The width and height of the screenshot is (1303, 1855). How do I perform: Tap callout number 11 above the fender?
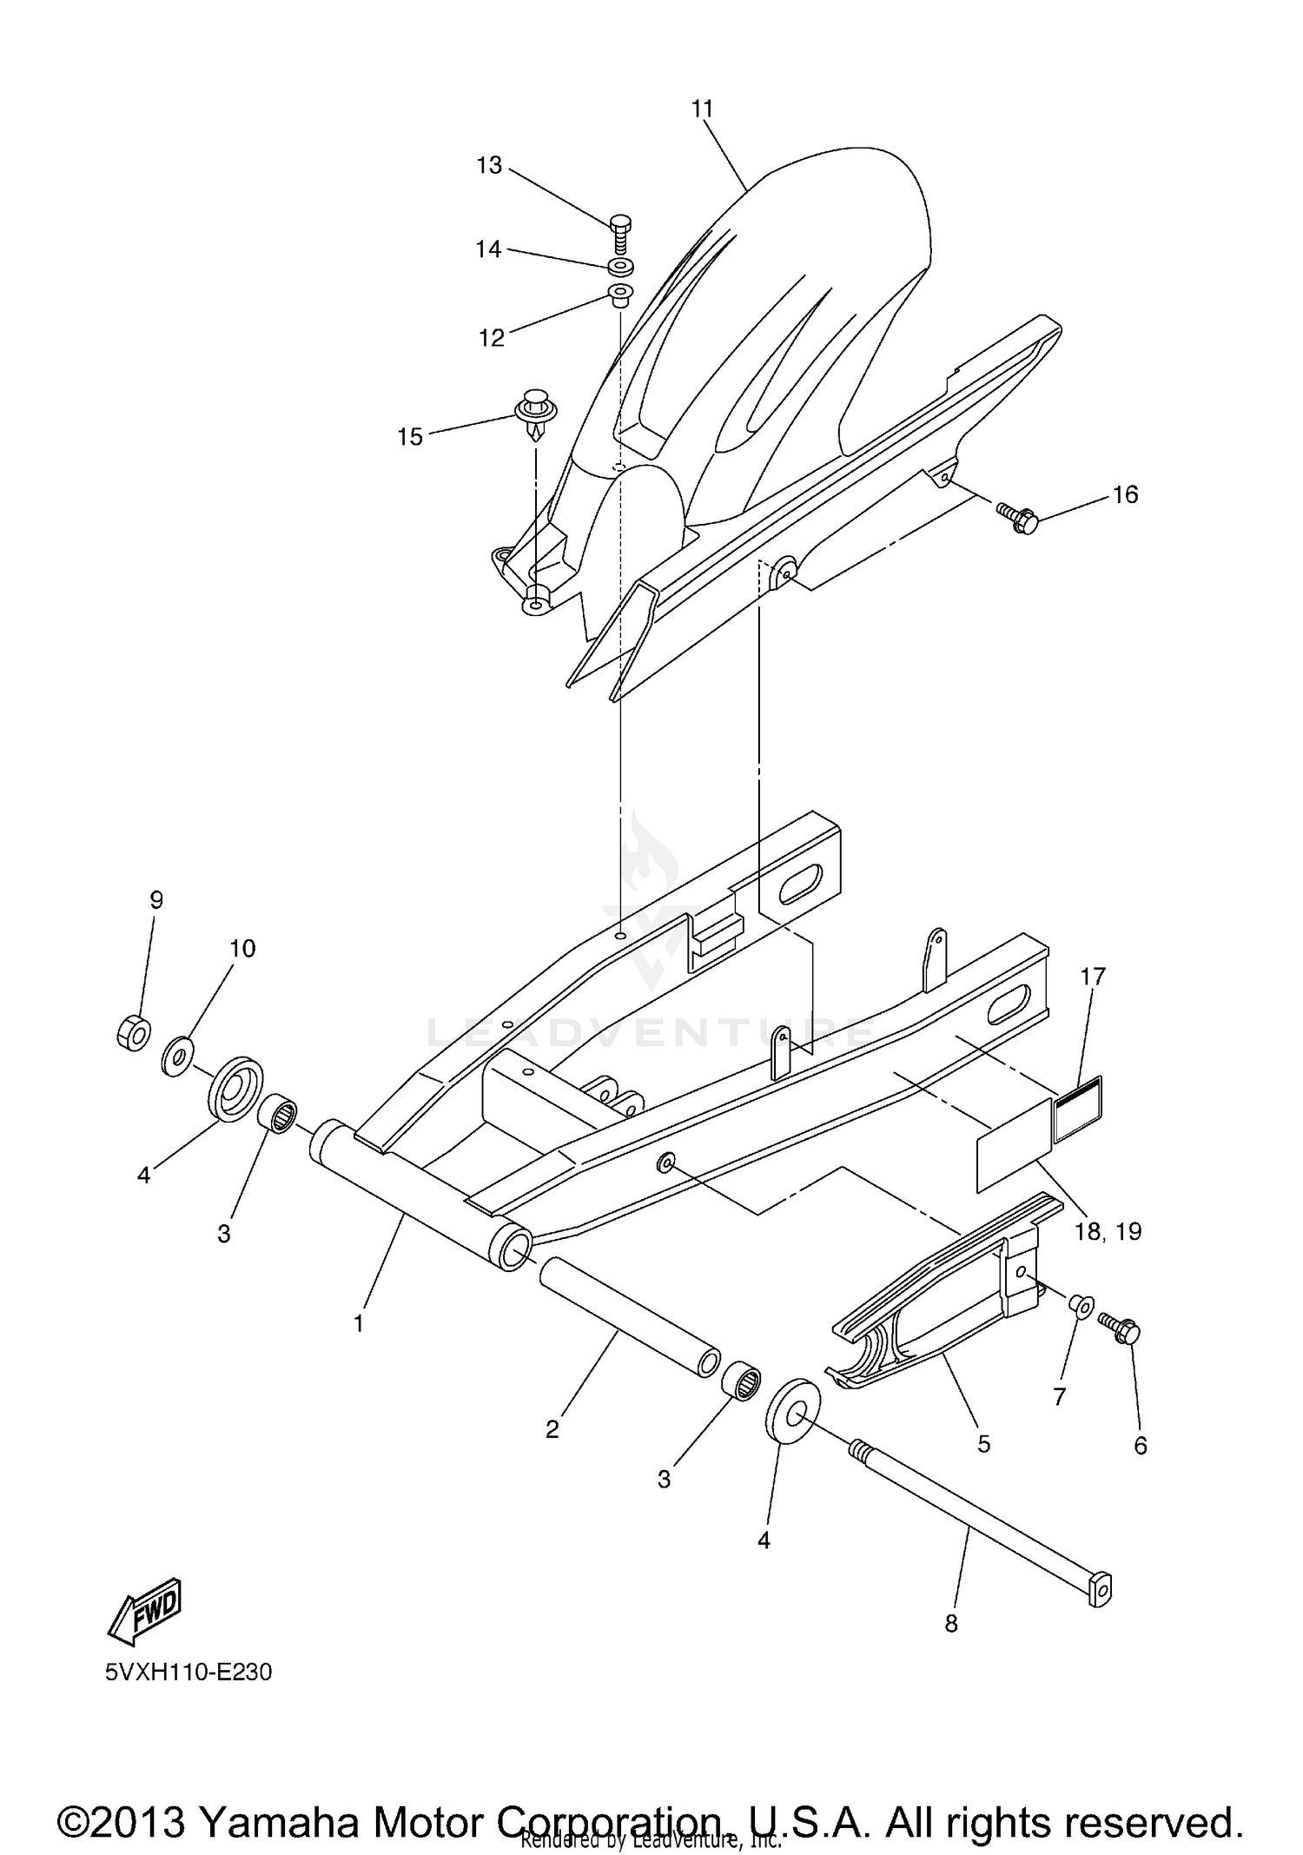click(702, 109)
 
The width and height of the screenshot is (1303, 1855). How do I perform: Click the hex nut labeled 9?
click(133, 1031)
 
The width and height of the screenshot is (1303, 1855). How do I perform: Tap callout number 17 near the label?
click(1093, 977)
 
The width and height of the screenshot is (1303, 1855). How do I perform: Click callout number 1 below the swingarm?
click(358, 1324)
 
